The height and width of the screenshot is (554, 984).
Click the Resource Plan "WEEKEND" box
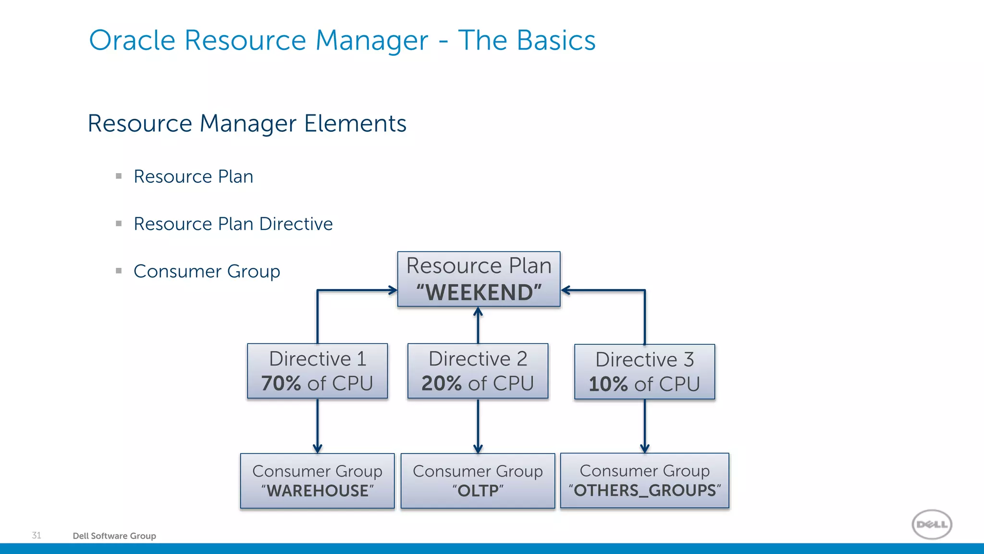479,279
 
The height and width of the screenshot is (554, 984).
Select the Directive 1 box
317,371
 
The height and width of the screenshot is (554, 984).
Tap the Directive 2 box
478,371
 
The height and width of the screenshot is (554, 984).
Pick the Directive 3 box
644,372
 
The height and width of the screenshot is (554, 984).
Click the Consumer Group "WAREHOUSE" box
317,480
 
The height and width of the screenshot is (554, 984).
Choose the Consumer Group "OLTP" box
478,480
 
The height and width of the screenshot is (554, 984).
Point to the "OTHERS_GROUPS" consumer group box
644,480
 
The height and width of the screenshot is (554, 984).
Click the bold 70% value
281,384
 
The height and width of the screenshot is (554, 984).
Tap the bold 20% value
442,384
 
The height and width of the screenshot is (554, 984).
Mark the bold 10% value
608,384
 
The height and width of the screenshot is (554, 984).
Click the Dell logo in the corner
932,524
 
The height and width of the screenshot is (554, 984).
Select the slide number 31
37,535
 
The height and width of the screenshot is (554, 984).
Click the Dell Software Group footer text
114,536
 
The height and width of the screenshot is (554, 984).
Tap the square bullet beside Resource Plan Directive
119,224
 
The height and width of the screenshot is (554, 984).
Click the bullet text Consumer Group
207,271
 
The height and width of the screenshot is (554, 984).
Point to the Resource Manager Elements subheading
247,124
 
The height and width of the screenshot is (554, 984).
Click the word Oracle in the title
132,40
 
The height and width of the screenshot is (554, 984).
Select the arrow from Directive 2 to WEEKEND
478,326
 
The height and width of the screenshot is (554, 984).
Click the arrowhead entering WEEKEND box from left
393,290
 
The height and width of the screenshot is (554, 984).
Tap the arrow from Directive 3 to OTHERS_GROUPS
644,426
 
